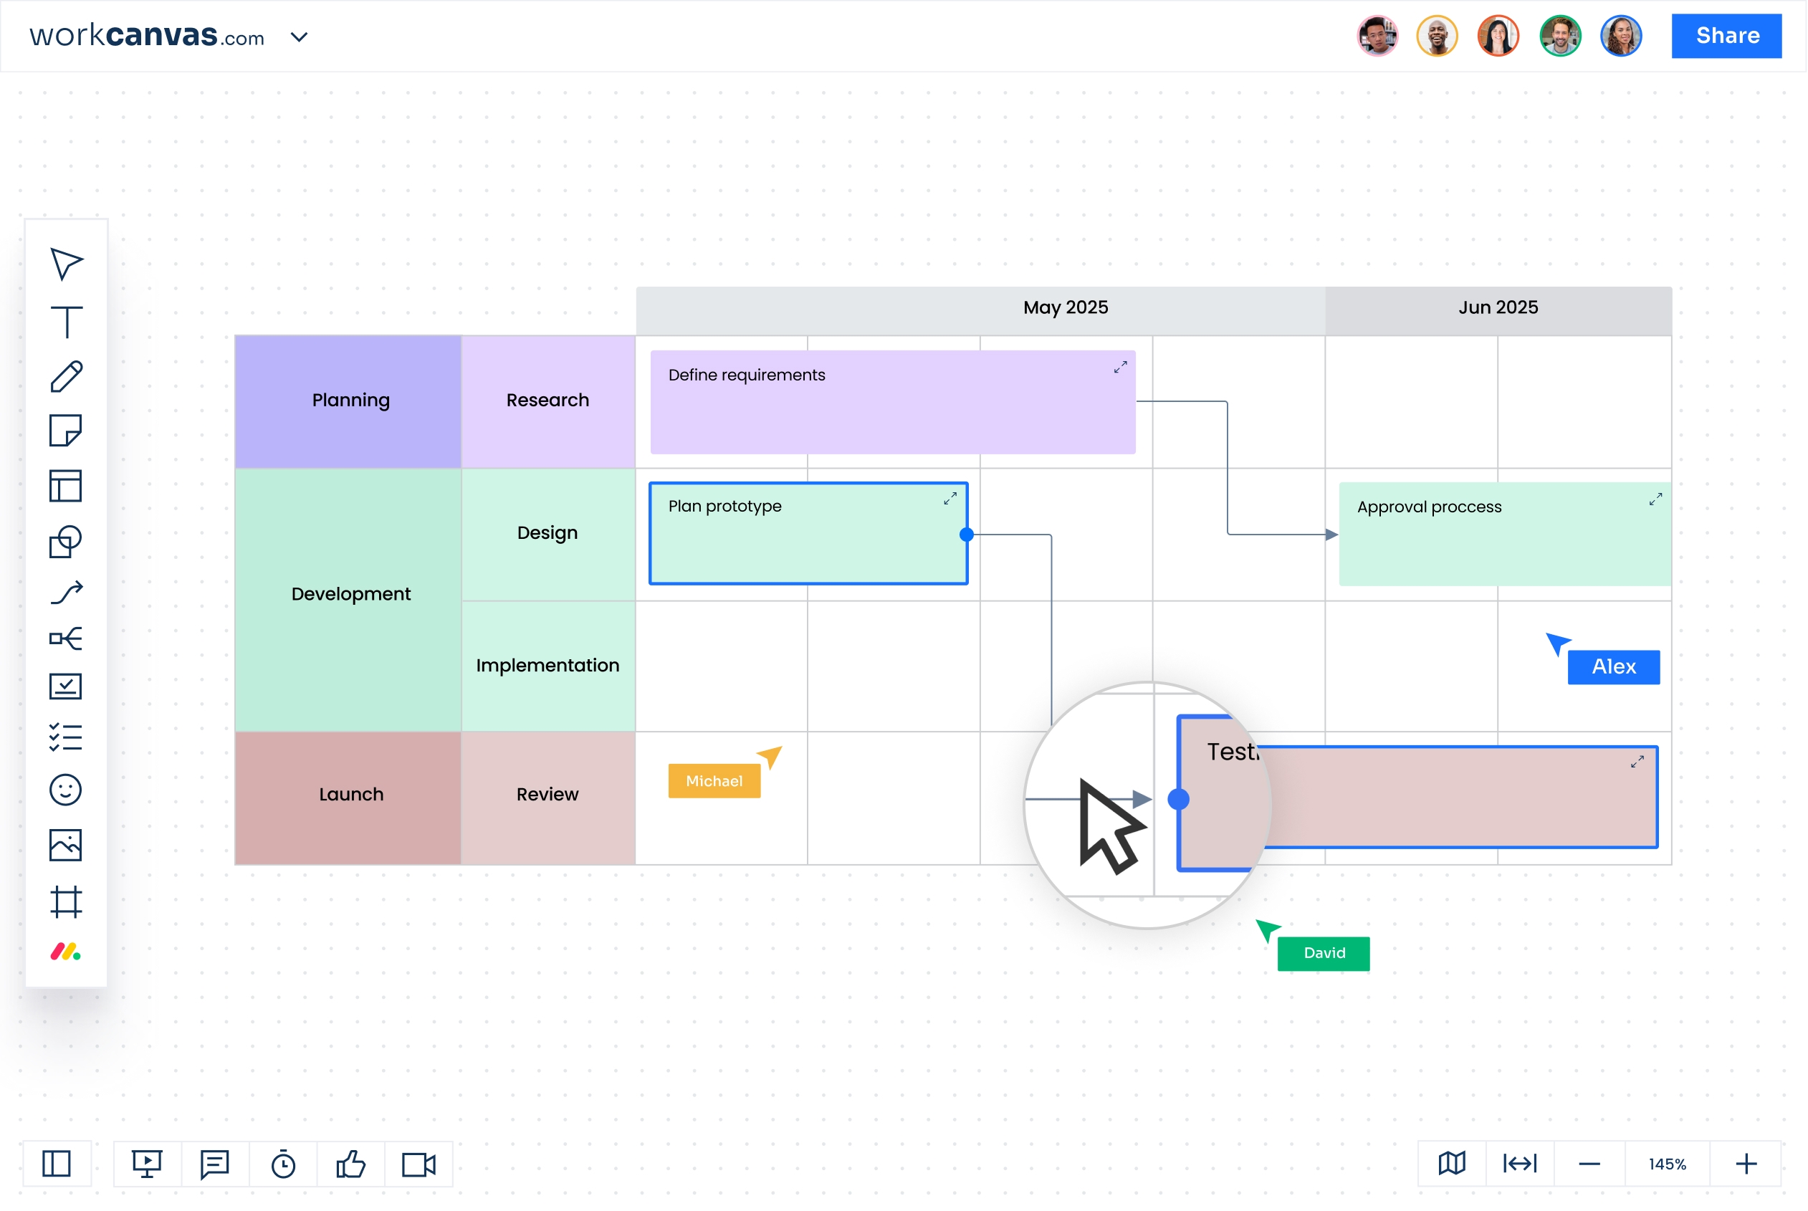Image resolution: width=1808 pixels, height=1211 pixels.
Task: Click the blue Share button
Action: click(x=1727, y=36)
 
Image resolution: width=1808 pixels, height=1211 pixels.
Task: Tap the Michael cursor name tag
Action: click(x=714, y=782)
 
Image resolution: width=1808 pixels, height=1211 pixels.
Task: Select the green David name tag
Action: click(x=1324, y=954)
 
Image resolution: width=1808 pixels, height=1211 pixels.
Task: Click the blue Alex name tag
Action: click(x=1613, y=667)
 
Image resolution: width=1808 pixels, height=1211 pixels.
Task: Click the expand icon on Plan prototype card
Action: click(x=950, y=499)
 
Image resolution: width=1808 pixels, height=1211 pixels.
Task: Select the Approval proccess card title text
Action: click(x=1430, y=507)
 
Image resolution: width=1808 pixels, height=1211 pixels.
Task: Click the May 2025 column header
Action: click(x=1066, y=308)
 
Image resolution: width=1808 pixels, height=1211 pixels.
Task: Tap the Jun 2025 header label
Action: click(x=1498, y=308)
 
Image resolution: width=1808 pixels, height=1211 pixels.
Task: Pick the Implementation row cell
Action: click(x=547, y=666)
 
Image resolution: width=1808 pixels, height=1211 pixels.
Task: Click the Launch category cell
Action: click(x=350, y=795)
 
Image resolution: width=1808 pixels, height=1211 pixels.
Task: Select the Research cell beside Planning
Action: click(x=547, y=400)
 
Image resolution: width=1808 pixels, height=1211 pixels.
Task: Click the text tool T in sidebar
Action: click(x=67, y=321)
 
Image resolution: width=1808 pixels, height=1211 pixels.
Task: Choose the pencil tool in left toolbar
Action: click(x=67, y=377)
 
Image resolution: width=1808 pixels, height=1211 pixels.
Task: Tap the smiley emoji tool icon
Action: click(x=66, y=790)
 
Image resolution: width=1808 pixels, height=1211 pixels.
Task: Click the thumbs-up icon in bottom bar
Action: click(x=350, y=1164)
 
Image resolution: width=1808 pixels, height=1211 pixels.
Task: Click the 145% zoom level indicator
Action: click(x=1668, y=1164)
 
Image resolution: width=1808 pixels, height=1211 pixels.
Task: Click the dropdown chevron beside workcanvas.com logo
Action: click(x=299, y=37)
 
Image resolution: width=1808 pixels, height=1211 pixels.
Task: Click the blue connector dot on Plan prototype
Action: click(x=967, y=535)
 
